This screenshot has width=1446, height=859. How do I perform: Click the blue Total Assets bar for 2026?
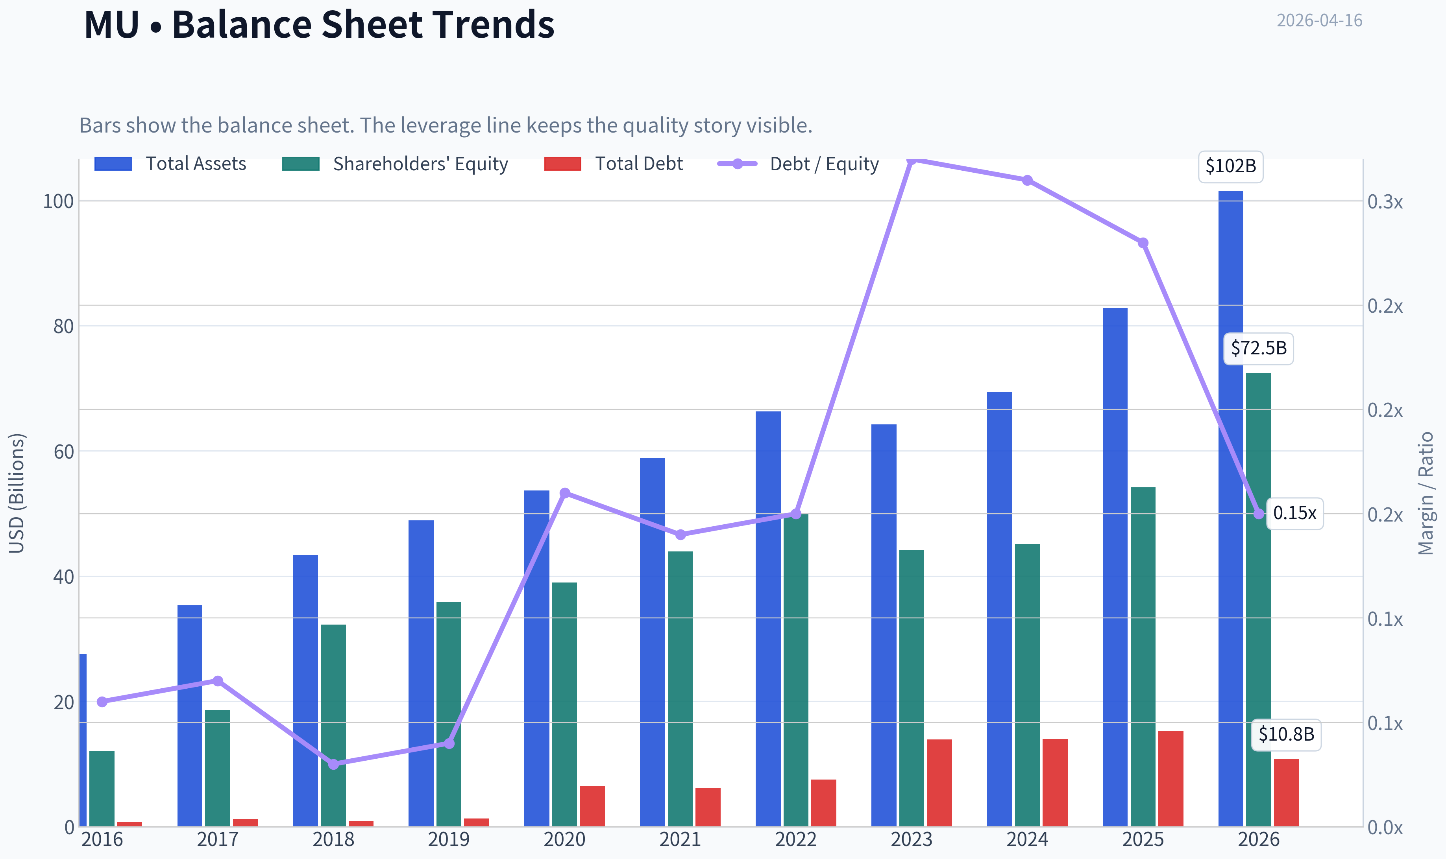click(1231, 508)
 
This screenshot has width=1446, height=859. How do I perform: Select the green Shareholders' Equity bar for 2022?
click(796, 670)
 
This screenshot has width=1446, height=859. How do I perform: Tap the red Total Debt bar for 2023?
click(939, 783)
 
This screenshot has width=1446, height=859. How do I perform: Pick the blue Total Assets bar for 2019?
click(421, 673)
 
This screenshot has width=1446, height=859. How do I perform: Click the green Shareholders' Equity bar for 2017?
click(218, 768)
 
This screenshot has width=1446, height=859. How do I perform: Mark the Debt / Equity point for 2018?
click(334, 764)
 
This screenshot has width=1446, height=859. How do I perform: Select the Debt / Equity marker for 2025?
click(1143, 243)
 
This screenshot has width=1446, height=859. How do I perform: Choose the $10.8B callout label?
click(1286, 735)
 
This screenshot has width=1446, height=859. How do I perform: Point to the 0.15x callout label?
click(1294, 513)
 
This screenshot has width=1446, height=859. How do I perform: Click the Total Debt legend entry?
click(614, 164)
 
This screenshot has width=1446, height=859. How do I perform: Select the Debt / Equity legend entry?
click(799, 164)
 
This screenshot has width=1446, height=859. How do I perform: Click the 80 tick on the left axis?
click(64, 326)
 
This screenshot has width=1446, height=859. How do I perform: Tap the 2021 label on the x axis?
click(680, 839)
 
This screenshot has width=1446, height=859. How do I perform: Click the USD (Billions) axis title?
click(17, 493)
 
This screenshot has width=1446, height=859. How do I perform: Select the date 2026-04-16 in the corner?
click(1319, 21)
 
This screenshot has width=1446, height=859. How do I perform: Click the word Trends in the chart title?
click(494, 24)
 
